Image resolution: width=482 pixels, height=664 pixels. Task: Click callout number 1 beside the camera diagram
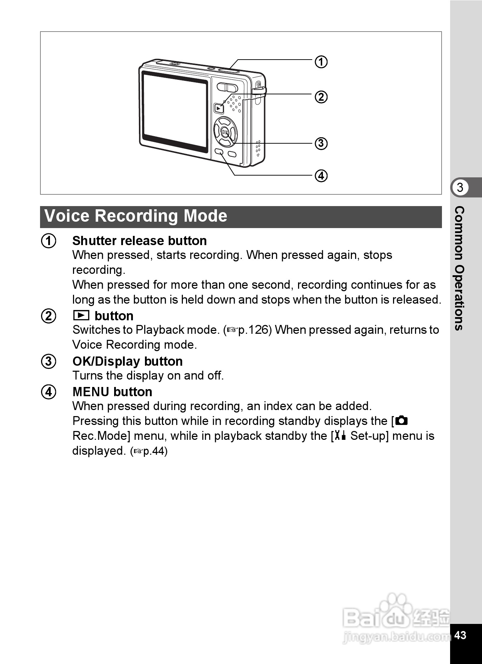click(x=321, y=62)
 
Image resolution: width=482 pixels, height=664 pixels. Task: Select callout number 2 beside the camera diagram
click(x=321, y=97)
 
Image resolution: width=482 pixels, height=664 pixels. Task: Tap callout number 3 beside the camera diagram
click(x=321, y=143)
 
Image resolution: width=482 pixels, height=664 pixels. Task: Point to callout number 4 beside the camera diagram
click(x=321, y=176)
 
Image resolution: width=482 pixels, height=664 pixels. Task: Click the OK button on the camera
click(x=225, y=132)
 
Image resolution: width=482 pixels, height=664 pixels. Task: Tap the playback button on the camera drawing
click(x=219, y=108)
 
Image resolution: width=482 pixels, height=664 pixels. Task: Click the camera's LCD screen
click(x=175, y=111)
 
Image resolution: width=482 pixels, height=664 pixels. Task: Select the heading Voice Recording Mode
click(x=136, y=216)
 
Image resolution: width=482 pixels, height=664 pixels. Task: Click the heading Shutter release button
click(x=139, y=241)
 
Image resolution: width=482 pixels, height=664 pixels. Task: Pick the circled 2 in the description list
click(x=49, y=316)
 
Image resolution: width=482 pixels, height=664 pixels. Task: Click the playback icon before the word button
click(x=81, y=315)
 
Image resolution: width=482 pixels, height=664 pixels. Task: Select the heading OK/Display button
click(x=128, y=361)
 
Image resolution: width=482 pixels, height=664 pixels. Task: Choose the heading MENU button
click(x=112, y=392)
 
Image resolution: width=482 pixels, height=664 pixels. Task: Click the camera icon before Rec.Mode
click(x=402, y=421)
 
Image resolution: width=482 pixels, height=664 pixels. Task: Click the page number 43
click(x=460, y=635)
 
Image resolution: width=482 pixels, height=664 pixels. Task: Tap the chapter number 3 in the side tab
click(x=460, y=187)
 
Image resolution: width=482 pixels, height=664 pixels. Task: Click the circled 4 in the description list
click(x=49, y=392)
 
